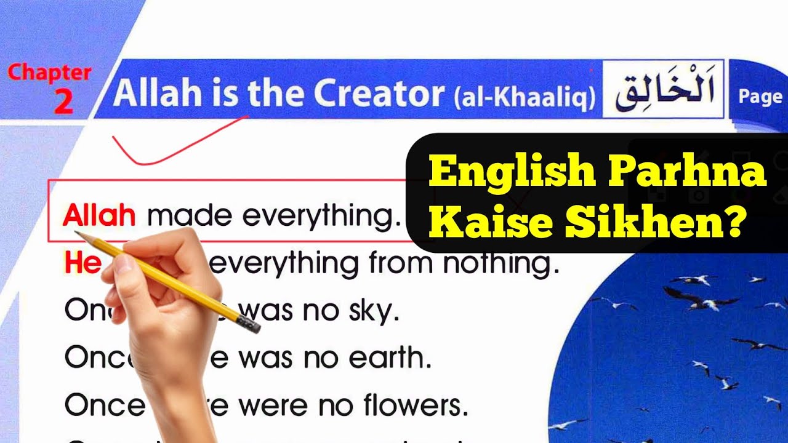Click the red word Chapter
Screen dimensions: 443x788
pos(49,73)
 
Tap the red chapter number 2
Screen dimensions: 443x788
pos(63,102)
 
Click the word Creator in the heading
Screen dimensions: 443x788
pos(379,93)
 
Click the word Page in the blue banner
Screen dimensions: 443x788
pos(760,97)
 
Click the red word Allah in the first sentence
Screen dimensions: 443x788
pos(99,216)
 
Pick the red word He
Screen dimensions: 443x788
pos(82,263)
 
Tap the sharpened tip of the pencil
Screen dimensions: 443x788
pos(78,233)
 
